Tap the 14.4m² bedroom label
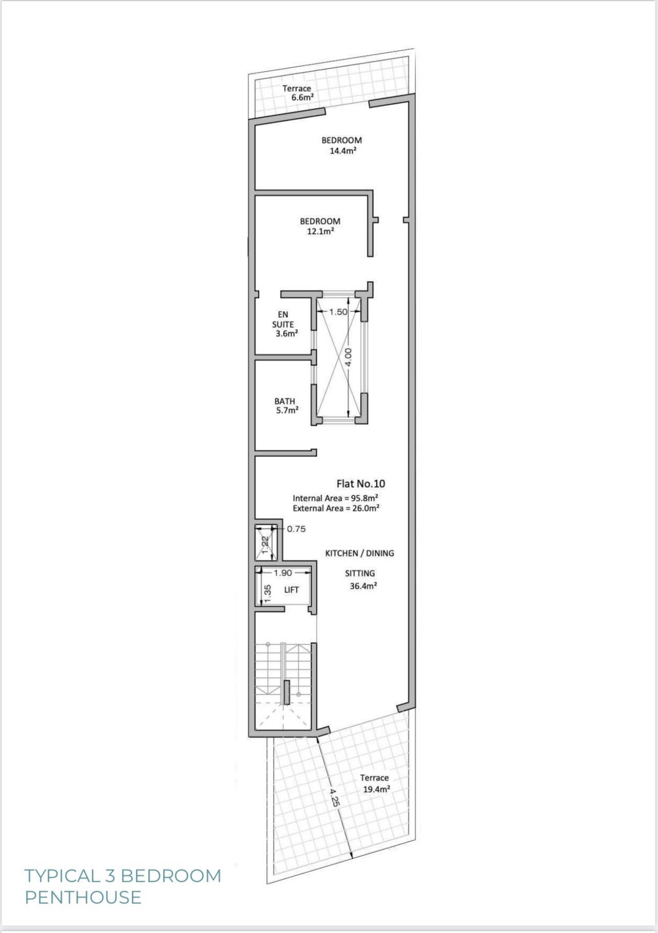coord(342,145)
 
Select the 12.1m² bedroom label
coord(320,226)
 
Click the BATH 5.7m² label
coord(286,406)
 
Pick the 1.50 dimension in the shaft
coord(338,312)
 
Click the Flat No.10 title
coord(361,483)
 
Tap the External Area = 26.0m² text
coord(336,508)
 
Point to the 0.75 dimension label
coord(296,529)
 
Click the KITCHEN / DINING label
coord(360,553)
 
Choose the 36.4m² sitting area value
coord(364,586)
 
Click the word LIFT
coord(291,590)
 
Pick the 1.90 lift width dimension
coord(283,573)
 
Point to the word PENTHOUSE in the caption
coord(83,897)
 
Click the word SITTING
coord(360,573)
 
